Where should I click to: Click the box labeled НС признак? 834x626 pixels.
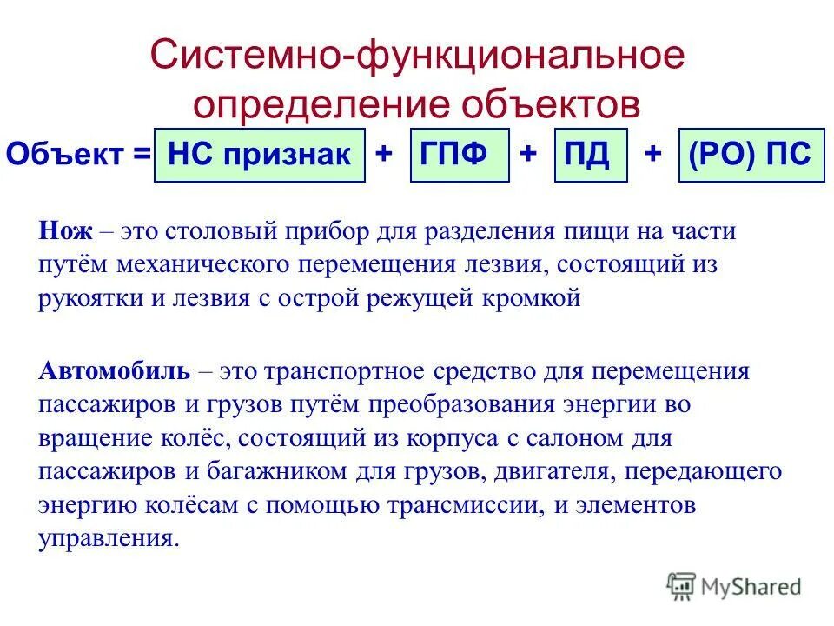click(259, 155)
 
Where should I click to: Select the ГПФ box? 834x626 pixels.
click(459, 155)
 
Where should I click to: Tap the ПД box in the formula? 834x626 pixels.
click(590, 155)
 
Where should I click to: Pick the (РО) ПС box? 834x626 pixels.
click(751, 155)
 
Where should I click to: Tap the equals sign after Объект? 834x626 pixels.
click(142, 155)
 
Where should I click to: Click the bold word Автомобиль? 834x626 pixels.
click(114, 372)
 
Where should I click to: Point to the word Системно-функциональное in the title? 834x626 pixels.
click(417, 57)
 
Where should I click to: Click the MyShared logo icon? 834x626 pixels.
click(681, 587)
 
